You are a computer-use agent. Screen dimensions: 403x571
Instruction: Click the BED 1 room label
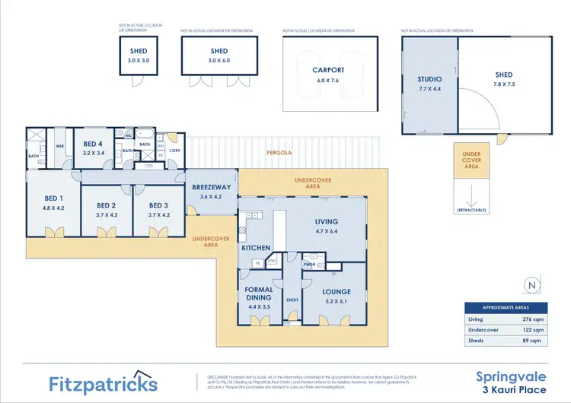(x=54, y=201)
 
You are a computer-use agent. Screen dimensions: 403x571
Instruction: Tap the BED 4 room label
(x=93, y=144)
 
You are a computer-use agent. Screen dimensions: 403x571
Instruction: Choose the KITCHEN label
(x=256, y=248)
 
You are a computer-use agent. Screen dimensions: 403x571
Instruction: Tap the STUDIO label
(x=429, y=78)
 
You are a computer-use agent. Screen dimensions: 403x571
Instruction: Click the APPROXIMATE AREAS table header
(x=507, y=308)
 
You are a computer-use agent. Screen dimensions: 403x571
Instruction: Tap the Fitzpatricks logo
(x=104, y=382)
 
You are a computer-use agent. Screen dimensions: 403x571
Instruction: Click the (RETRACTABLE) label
(x=473, y=209)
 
